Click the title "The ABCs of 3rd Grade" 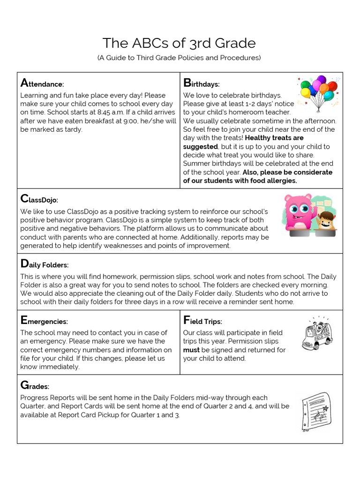click(179, 43)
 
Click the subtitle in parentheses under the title click(179, 58)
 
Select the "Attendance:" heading click(42, 84)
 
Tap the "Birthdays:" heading click(201, 84)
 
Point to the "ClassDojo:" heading click(39, 200)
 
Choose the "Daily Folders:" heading click(45, 264)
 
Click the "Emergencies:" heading click(44, 321)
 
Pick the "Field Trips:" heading click(202, 321)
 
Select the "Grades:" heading click(35, 386)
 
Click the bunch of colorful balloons click(318, 91)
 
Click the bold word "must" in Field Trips click(191, 350)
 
